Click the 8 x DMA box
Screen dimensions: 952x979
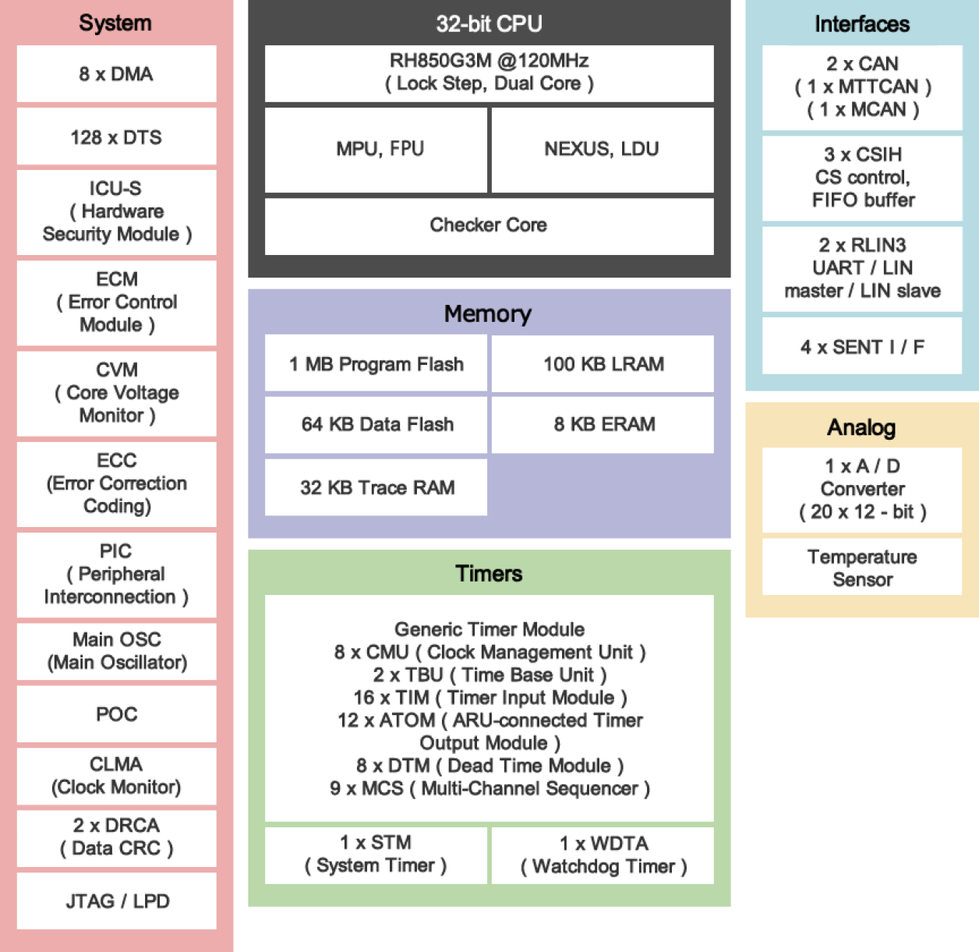[116, 74]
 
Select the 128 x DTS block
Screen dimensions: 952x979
[116, 137]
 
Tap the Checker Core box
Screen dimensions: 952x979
[489, 225]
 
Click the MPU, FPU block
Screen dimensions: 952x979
[380, 149]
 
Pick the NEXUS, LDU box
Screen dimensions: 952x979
[602, 149]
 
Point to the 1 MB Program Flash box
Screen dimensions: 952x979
[376, 364]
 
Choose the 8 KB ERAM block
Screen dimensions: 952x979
[603, 424]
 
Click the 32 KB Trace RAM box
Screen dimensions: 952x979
[376, 487]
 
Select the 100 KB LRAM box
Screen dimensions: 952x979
[603, 364]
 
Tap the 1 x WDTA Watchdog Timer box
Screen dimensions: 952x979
[603, 855]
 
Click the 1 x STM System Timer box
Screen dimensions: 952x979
[376, 855]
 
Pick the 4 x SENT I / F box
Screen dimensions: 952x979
[862, 347]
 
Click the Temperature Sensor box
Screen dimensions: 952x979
[862, 568]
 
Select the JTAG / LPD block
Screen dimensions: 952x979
[116, 901]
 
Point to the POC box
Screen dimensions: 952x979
[116, 714]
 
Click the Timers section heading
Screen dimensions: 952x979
[489, 574]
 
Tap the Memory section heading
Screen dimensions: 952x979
[488, 313]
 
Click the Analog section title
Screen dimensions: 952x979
[861, 427]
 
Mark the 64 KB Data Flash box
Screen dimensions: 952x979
[376, 424]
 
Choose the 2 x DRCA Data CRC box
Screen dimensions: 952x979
[116, 837]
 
